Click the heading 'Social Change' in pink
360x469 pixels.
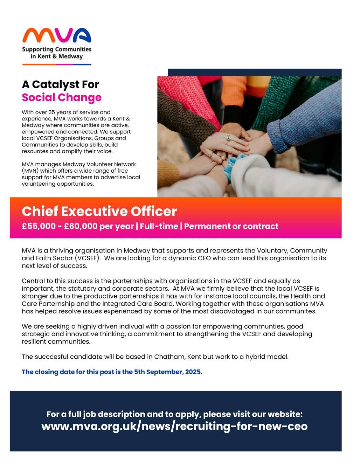tap(62, 97)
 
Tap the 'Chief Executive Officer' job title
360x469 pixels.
tap(99, 212)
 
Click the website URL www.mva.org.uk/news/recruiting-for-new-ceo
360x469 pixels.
tap(174, 427)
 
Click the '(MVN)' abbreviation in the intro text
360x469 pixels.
tap(31, 171)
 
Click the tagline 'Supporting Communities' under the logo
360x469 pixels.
tap(56, 49)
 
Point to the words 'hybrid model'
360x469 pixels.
tap(270, 357)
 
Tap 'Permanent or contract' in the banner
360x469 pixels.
tap(231, 226)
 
